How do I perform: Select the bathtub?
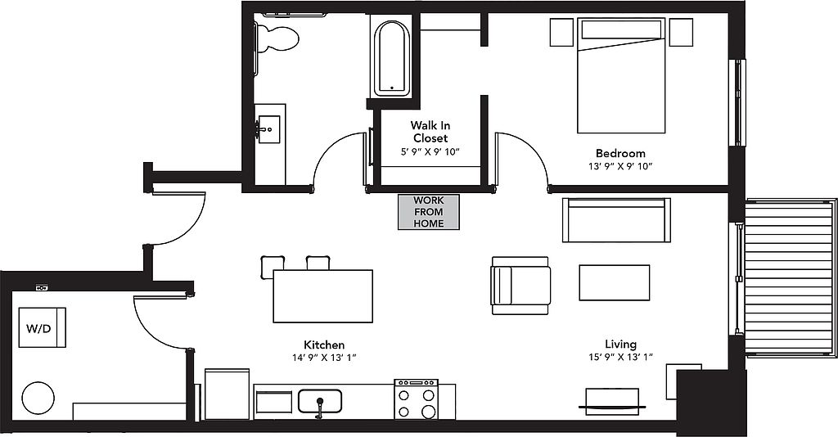pyautogui.click(x=392, y=57)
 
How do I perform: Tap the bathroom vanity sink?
pyautogui.click(x=268, y=128)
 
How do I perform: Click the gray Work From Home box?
pyautogui.click(x=429, y=212)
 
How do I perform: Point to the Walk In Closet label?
pyautogui.click(x=430, y=132)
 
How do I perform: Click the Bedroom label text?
pyautogui.click(x=620, y=153)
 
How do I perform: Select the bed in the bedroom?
pyautogui.click(x=621, y=75)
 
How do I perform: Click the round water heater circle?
pyautogui.click(x=38, y=398)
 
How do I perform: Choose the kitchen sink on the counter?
pyautogui.click(x=320, y=401)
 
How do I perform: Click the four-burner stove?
pyautogui.click(x=417, y=399)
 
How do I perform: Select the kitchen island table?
pyautogui.click(x=322, y=296)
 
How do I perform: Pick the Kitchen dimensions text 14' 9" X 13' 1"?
pyautogui.click(x=324, y=358)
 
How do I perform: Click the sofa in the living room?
pyautogui.click(x=616, y=220)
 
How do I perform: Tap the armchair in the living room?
pyautogui.click(x=520, y=286)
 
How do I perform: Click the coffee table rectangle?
pyautogui.click(x=615, y=282)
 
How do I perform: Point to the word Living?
pyautogui.click(x=620, y=344)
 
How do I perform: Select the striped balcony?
pyautogui.click(x=790, y=277)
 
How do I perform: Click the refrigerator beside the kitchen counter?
pyautogui.click(x=228, y=394)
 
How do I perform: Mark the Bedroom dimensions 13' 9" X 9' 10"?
pyautogui.click(x=620, y=166)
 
